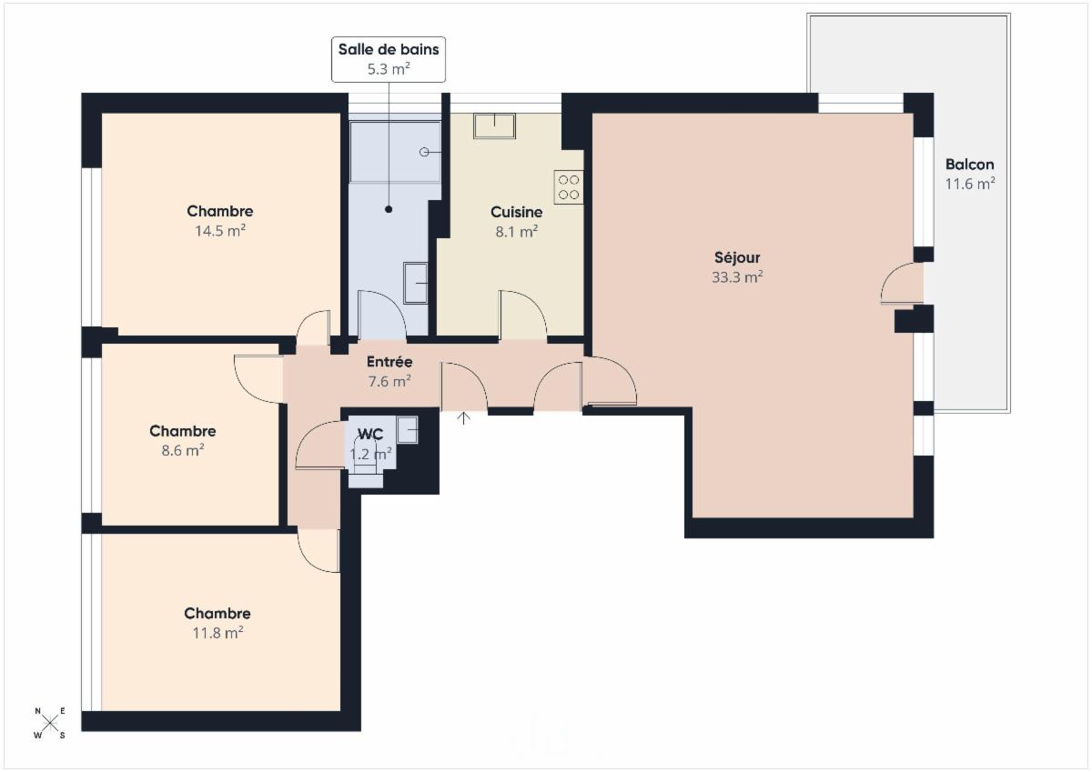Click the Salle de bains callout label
(x=388, y=59)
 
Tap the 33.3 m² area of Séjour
(x=736, y=276)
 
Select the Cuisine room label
(x=516, y=212)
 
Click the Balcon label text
(x=969, y=165)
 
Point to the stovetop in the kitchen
(x=569, y=187)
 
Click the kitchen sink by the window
(x=494, y=125)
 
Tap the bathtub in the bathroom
(x=395, y=152)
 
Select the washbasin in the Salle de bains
(x=415, y=283)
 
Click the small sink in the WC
(x=407, y=429)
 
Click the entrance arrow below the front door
(x=463, y=418)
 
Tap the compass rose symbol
(x=50, y=722)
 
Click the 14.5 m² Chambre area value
(x=220, y=230)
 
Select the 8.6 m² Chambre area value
(x=182, y=450)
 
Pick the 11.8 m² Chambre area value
(x=217, y=633)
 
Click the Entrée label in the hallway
(x=389, y=361)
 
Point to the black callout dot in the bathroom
(x=389, y=209)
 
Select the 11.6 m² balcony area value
(x=970, y=184)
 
